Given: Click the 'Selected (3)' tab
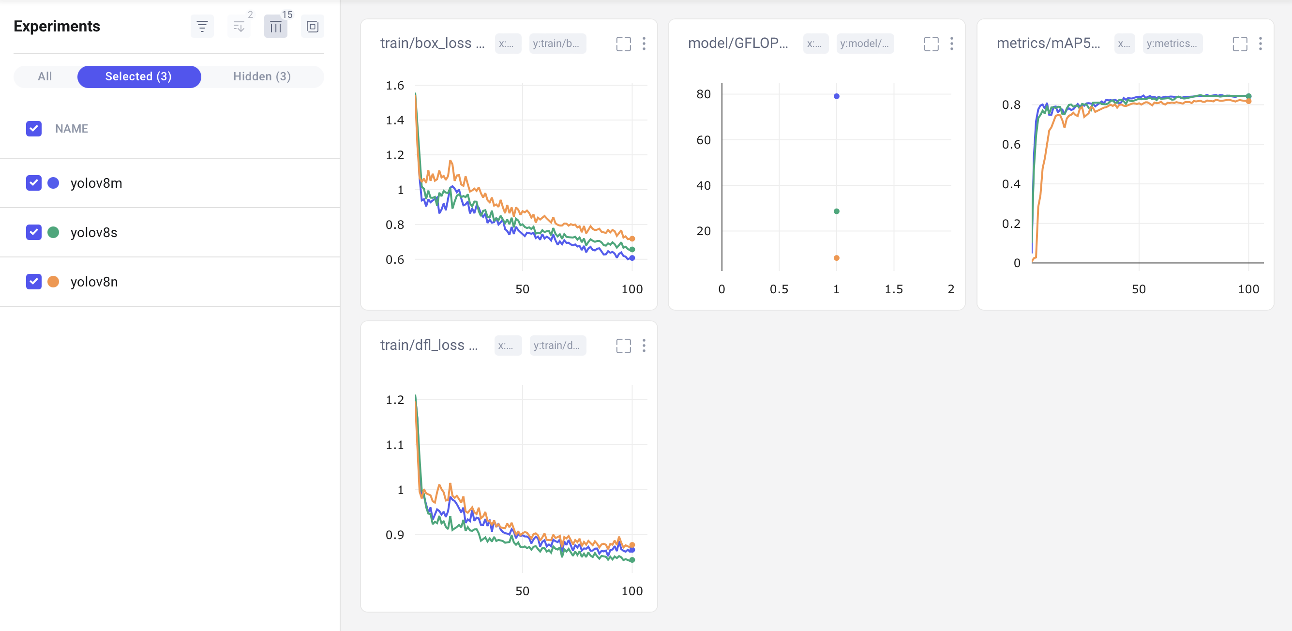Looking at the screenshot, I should (x=139, y=77).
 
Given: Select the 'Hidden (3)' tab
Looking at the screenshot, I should (x=262, y=77).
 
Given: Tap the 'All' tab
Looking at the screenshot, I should (x=45, y=77).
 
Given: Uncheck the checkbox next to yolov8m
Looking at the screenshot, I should (x=33, y=183).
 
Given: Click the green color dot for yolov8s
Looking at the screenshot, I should (x=53, y=232).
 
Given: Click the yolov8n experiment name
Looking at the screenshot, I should (x=94, y=282).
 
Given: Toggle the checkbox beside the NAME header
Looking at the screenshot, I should (x=33, y=129).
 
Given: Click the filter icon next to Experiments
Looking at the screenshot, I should (x=202, y=27).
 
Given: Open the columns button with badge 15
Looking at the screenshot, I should (x=275, y=27).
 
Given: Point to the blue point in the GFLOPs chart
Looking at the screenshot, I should (x=836, y=96).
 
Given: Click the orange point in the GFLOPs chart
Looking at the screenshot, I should (x=836, y=258).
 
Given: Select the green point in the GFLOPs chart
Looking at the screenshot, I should (x=836, y=211).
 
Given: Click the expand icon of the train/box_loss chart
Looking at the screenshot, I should (x=623, y=44).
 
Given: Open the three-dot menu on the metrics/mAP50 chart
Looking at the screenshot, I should (x=1260, y=44).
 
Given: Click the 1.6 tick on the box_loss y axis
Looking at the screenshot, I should (x=395, y=86).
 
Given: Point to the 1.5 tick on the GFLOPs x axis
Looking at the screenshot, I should (x=893, y=289).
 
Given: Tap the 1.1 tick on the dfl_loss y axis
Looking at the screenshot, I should (x=395, y=445).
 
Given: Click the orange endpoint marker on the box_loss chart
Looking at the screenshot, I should (x=632, y=239).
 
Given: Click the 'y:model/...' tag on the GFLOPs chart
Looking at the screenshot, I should (x=864, y=44).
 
